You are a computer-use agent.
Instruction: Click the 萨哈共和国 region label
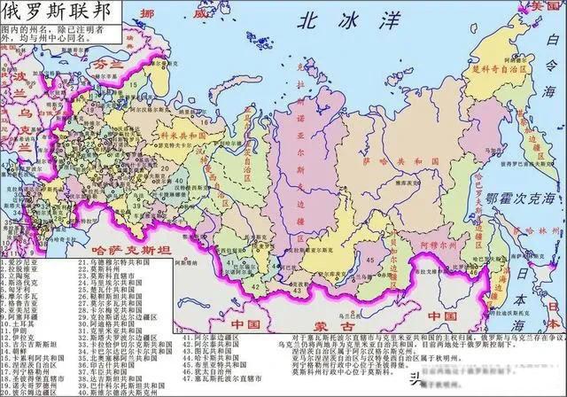(391, 165)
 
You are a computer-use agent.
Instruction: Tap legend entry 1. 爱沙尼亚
(27, 263)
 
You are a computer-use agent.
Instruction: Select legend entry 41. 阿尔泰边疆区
(214, 338)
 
